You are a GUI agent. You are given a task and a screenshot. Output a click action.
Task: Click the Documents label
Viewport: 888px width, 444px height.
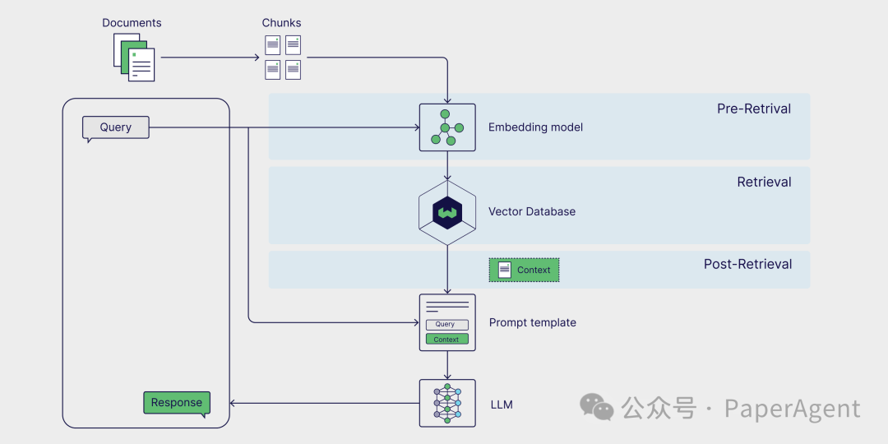point(132,23)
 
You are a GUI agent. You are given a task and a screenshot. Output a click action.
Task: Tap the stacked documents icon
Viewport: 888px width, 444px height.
point(134,58)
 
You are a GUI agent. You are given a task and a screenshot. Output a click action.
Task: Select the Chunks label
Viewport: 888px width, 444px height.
point(282,23)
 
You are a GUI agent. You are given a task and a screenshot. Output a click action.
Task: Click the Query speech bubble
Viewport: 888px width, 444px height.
point(116,127)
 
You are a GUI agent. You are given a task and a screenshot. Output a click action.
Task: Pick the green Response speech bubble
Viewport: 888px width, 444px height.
point(177,403)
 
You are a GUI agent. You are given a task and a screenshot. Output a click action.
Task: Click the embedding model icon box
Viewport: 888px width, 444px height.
point(447,127)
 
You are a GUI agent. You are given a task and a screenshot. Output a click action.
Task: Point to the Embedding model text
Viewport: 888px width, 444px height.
point(535,127)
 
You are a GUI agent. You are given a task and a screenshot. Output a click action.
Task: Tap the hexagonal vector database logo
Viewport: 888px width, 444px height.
point(447,213)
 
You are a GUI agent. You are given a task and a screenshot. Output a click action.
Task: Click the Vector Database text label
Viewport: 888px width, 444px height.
point(532,211)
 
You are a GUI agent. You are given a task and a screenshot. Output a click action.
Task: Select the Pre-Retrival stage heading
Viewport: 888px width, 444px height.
point(754,109)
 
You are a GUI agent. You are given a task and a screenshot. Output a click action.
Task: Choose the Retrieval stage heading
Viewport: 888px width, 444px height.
point(764,183)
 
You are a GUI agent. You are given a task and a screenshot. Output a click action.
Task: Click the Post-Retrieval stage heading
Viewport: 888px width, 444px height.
point(747,264)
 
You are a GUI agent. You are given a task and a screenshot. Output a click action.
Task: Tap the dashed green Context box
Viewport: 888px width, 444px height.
point(525,270)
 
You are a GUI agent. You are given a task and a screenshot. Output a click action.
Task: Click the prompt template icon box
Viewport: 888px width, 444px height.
point(447,322)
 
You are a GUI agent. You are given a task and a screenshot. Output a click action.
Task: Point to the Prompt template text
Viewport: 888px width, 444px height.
point(533,322)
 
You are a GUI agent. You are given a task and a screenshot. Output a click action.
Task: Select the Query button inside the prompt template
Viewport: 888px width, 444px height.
point(446,325)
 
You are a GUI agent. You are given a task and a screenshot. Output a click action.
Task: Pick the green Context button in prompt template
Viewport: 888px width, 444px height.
point(446,339)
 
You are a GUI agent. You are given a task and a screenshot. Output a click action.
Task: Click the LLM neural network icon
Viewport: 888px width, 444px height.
point(447,403)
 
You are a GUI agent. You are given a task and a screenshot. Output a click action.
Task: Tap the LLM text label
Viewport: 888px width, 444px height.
point(502,405)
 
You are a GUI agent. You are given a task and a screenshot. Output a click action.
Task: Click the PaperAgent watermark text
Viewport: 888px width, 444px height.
point(793,409)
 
